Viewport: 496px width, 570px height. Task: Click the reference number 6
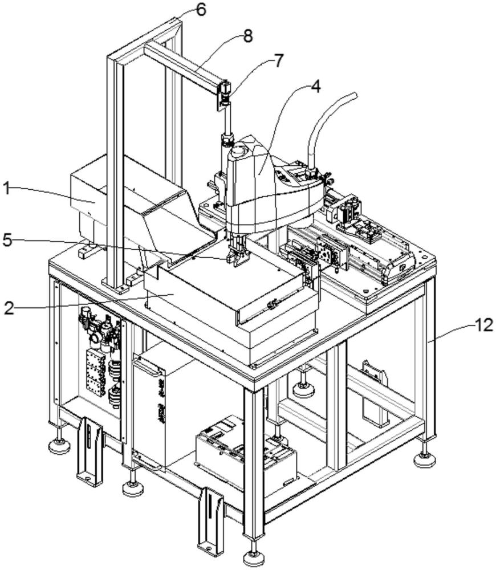tap(200, 9)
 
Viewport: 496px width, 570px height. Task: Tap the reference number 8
tap(247, 35)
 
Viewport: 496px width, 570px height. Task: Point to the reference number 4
tap(315, 87)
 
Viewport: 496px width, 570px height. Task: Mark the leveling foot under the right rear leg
tap(424, 458)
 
